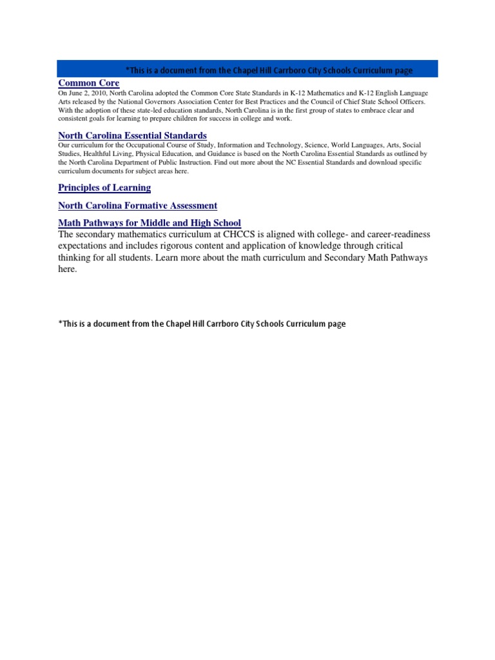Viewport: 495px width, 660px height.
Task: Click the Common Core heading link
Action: tap(88, 83)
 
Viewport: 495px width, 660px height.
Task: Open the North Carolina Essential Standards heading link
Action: tap(132, 135)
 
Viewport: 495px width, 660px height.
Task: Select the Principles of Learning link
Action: tap(104, 188)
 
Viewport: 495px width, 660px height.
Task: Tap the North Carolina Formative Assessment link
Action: tap(137, 206)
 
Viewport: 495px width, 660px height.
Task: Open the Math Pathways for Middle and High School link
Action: tap(150, 223)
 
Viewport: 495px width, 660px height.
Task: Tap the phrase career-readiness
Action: tap(396, 235)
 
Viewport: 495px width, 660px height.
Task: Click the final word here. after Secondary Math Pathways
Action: tap(67, 270)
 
